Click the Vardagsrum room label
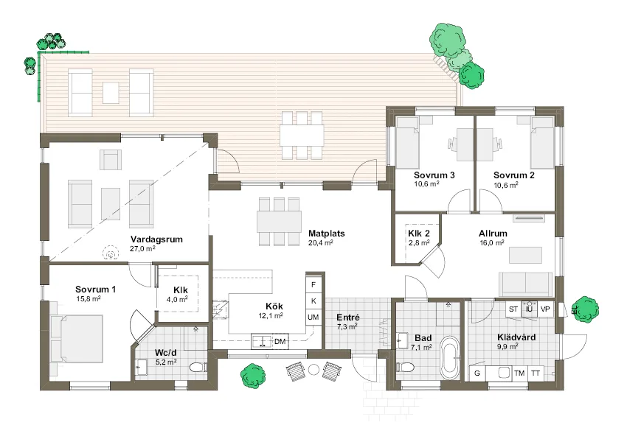point(156,239)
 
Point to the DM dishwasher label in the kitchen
point(280,342)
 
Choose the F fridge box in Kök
point(313,284)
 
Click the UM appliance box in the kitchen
point(313,317)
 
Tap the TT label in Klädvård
point(536,373)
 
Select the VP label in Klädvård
point(546,309)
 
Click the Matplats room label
point(327,233)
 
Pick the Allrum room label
point(493,234)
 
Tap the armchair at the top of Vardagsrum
point(111,160)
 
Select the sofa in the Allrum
point(525,283)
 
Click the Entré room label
point(347,318)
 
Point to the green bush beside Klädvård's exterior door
point(586,307)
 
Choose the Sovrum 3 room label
point(434,175)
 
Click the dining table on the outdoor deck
point(301,135)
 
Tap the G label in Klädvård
point(477,373)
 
